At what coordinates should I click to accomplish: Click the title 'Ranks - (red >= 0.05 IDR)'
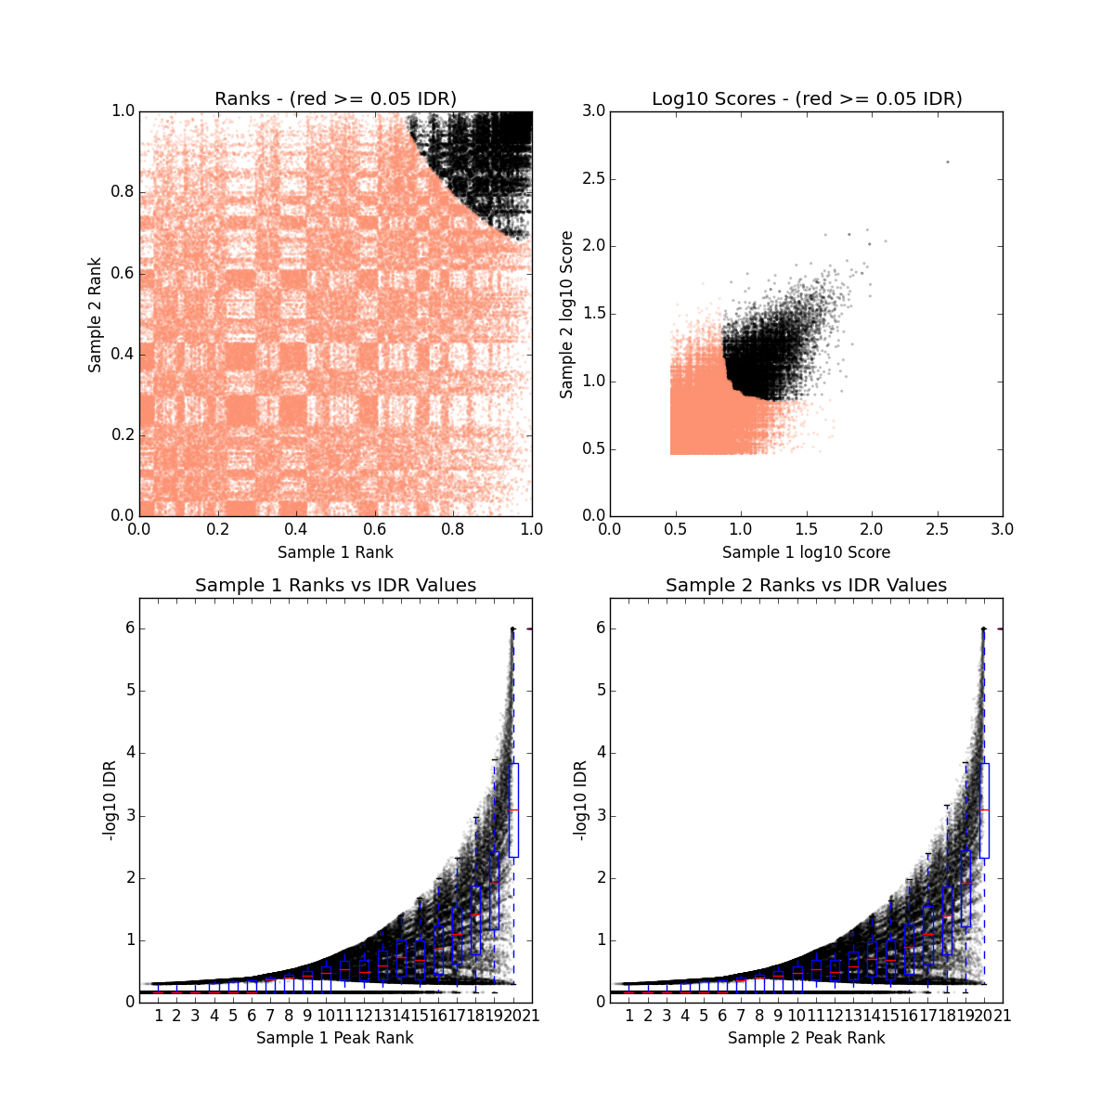(x=335, y=98)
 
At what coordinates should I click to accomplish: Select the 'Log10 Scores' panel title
(x=806, y=98)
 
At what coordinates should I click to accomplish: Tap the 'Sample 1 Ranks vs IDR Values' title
(x=335, y=585)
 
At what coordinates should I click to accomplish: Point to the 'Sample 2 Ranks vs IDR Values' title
(x=806, y=585)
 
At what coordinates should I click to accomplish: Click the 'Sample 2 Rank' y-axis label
(x=95, y=313)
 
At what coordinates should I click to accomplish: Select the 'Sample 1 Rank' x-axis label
(x=335, y=552)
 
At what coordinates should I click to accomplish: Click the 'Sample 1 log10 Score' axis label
(x=806, y=552)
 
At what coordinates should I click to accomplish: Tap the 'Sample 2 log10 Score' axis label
(x=566, y=315)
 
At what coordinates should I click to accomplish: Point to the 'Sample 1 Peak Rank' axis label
(x=335, y=1038)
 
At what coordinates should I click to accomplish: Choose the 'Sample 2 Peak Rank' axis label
(x=806, y=1038)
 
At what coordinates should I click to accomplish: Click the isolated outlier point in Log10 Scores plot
(x=947, y=162)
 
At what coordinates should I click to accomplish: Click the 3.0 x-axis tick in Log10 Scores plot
(x=1003, y=529)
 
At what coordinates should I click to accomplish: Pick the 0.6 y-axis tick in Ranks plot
(x=122, y=273)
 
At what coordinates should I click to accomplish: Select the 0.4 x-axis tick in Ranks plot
(x=296, y=529)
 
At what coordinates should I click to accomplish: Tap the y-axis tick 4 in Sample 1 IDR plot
(x=130, y=753)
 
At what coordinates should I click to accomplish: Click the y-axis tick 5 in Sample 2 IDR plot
(x=601, y=691)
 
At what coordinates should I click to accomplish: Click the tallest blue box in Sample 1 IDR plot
(x=513, y=810)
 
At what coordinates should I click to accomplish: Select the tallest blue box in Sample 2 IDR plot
(x=984, y=810)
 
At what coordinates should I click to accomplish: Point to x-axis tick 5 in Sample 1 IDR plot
(x=233, y=1016)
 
